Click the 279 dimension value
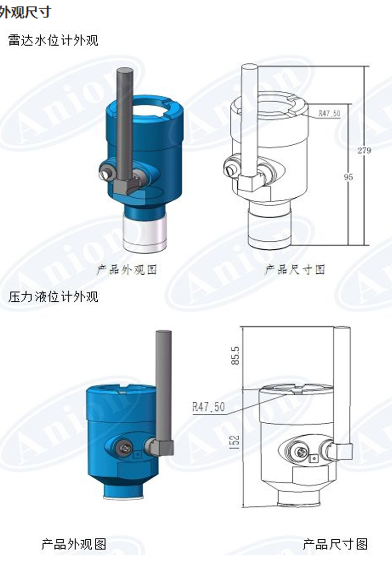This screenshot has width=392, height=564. pos(364,150)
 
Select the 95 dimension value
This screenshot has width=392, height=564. pos(348,177)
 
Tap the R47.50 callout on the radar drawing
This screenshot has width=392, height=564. pos(329,113)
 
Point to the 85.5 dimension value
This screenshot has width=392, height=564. pos(235,355)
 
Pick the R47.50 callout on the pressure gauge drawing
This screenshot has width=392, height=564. pos(208,407)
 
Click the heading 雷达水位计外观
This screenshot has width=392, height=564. pos(53,40)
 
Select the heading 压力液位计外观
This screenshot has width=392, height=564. pos(53,297)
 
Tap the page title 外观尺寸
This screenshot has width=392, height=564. pos(25,11)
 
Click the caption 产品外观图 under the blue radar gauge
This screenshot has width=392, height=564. pos(127,270)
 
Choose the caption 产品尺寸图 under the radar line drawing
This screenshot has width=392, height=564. pos(295,270)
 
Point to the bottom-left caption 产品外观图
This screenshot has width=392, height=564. pos(74,544)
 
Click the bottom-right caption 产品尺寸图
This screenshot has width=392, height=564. pos(335,544)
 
